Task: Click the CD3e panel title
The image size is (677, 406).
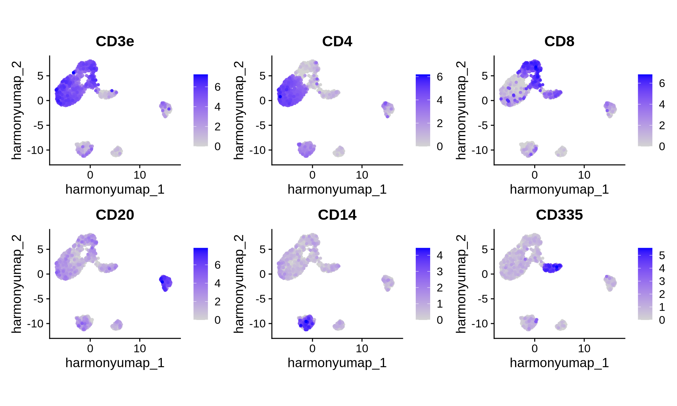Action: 115,42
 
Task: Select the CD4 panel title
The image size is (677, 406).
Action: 337,42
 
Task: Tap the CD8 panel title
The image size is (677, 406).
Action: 559,42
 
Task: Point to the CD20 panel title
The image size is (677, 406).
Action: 115,215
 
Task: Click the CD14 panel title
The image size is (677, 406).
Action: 337,215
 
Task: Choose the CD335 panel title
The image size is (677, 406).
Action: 559,215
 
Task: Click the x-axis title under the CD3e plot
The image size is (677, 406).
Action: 115,190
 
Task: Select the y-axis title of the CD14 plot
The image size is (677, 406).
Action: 239,284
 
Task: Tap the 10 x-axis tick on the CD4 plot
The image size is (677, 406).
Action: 362,175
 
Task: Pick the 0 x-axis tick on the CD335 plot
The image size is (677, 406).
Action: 535,348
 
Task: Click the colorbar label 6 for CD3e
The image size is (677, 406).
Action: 218,87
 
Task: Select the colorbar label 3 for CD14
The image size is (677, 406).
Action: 440,272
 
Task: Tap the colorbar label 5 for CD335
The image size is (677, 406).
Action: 662,256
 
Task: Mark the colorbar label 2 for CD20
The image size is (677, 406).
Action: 218,302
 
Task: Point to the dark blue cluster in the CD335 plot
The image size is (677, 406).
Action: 552,267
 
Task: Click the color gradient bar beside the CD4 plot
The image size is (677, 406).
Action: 423,110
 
